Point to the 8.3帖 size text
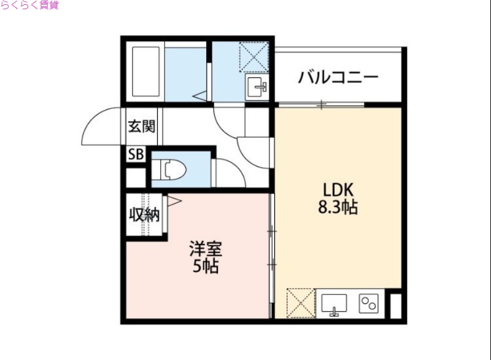[337, 208]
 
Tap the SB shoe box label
[135, 155]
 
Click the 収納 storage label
[144, 214]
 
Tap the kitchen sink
[334, 303]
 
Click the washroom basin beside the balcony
[257, 87]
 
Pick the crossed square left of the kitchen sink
[300, 303]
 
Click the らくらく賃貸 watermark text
[29, 6]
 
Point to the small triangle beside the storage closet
[174, 200]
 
